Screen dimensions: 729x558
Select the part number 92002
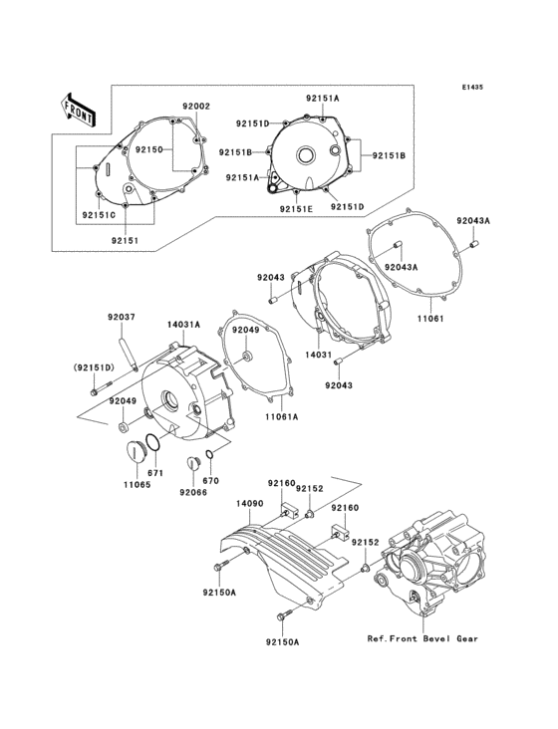[195, 106]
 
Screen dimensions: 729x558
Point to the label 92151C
[99, 214]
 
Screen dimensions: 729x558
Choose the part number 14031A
[184, 325]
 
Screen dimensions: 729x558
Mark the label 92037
[122, 318]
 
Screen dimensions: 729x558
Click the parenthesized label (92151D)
[93, 368]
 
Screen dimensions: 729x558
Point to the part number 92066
[193, 491]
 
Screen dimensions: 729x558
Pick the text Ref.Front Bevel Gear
[422, 638]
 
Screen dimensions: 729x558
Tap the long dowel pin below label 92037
[129, 351]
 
